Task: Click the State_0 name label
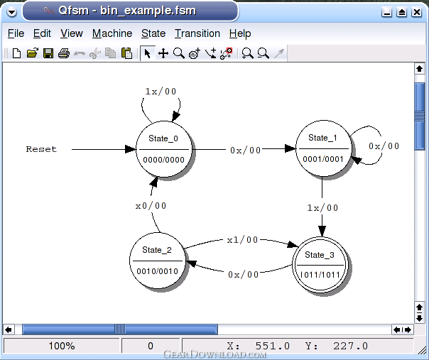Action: (163, 138)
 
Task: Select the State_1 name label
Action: (322, 138)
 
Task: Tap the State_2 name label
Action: (157, 250)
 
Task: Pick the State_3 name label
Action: (320, 255)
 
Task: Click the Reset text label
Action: (41, 149)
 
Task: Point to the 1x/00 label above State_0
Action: (161, 92)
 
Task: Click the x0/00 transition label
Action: (151, 206)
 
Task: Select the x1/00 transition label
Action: (242, 240)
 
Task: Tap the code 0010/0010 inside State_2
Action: (157, 271)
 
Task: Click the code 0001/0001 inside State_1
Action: (323, 159)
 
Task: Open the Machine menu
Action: (112, 33)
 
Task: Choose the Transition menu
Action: (197, 33)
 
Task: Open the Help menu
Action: (240, 33)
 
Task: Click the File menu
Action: (16, 33)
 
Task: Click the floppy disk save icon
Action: (48, 53)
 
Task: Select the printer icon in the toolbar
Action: (64, 53)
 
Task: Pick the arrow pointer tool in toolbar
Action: (148, 53)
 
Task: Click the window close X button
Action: (417, 12)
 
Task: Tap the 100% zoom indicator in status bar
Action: (62, 346)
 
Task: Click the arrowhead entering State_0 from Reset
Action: (130, 149)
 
